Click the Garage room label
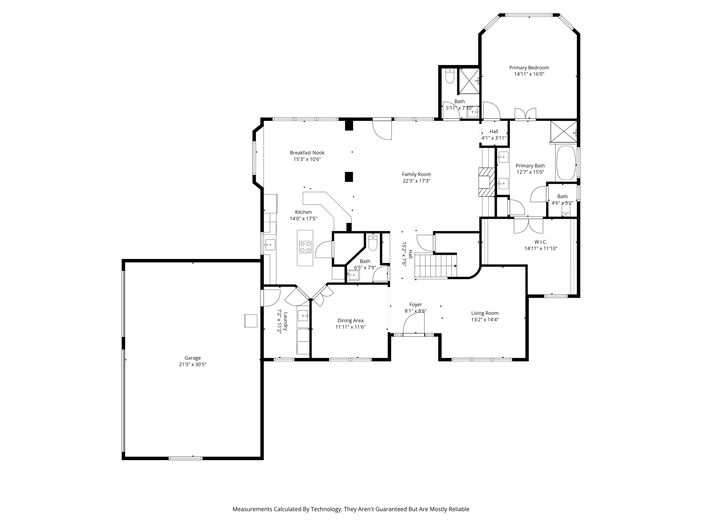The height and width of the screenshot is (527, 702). click(x=193, y=358)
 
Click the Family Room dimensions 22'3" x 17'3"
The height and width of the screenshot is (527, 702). click(x=416, y=181)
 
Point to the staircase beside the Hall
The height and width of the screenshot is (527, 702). click(x=435, y=266)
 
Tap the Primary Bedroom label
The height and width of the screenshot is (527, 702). click(x=529, y=68)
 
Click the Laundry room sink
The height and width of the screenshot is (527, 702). click(x=303, y=316)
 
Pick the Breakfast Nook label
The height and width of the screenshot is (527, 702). click(x=307, y=153)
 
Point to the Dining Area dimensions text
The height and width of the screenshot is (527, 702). click(x=350, y=327)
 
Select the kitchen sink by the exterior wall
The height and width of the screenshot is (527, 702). click(x=270, y=245)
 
